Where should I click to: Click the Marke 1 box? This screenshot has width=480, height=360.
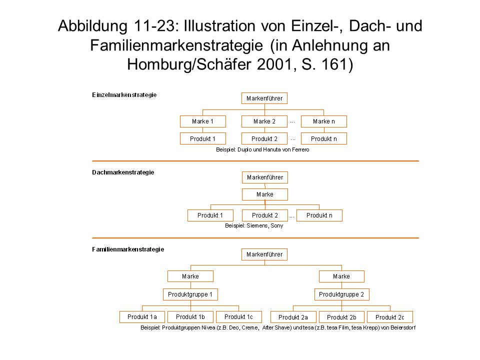[203, 121]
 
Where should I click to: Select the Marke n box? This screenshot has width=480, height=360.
[324, 121]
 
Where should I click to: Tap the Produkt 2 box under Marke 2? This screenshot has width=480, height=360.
[264, 138]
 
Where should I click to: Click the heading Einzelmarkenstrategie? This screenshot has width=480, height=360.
[124, 95]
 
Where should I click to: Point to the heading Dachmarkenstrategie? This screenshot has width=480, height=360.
[123, 172]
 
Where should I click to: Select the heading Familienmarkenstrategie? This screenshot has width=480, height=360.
[128, 249]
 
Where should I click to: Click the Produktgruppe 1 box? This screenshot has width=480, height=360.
[190, 294]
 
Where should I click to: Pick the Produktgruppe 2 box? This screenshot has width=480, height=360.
[341, 294]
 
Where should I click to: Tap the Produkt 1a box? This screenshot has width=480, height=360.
[142, 317]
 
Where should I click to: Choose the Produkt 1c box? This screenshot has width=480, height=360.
[239, 317]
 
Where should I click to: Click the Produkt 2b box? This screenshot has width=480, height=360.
[341, 317]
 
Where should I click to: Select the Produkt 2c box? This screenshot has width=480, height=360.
[390, 317]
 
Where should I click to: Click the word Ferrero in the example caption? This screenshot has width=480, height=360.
[300, 149]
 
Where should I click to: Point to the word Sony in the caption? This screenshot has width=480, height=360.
[277, 226]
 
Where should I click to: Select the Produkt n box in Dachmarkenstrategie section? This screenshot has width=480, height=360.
[319, 215]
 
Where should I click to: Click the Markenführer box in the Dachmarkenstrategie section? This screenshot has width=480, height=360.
[265, 177]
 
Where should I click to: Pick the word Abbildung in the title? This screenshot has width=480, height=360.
[93, 25]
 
